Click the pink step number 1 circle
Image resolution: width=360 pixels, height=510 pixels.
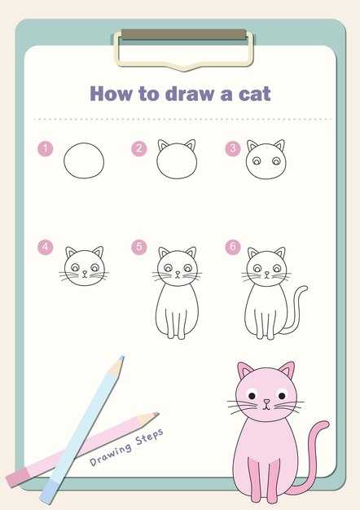pos(45,149)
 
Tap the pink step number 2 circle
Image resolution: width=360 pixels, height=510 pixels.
pos(139,148)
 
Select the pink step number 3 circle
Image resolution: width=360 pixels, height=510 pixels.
pos(233,148)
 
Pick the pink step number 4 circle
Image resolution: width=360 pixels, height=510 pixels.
pos(45,247)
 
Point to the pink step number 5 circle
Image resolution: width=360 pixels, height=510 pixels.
pos(139,247)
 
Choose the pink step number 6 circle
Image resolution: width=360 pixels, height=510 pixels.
pos(233,247)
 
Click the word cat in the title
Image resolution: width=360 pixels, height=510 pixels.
pos(255,94)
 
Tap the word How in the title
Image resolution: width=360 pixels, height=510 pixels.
pos(112,94)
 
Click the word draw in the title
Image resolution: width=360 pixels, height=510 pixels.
pos(190,94)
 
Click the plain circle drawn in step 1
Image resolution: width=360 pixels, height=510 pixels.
pos(84,160)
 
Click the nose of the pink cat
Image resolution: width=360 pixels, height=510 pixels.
pos(266,402)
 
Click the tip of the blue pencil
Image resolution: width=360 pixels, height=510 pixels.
pos(122,358)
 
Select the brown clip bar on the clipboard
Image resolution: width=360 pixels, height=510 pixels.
pos(184,34)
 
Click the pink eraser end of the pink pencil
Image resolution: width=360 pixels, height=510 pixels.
pos(18,478)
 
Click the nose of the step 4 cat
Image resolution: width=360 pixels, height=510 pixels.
pos(85,272)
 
